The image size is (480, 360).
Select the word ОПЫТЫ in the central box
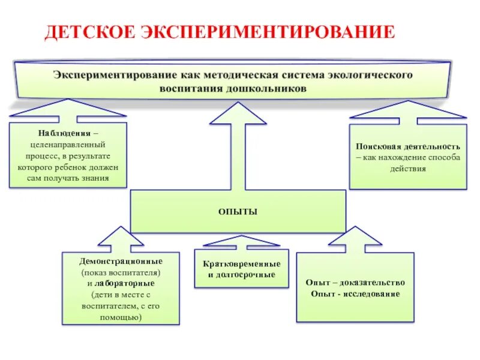[238, 212]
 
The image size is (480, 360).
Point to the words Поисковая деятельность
[408, 146]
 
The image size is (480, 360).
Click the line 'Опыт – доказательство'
[355, 283]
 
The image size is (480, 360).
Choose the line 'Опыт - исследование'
[355, 294]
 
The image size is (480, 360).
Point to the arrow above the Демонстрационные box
[122, 239]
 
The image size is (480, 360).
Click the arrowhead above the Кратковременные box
[241, 241]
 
